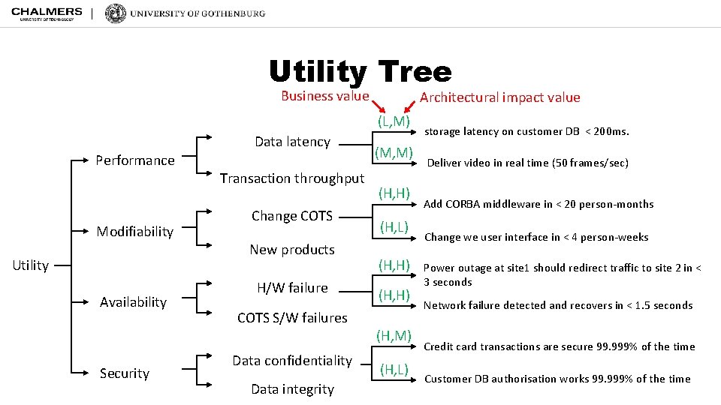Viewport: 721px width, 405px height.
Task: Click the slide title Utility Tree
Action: coord(360,72)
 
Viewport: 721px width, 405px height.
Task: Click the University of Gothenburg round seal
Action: coord(116,13)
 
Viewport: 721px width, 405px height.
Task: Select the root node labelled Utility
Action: coord(31,265)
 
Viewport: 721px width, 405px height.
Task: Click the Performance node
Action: coord(135,160)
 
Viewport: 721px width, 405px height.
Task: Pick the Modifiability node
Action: coord(135,232)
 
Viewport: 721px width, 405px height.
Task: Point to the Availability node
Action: coord(134,302)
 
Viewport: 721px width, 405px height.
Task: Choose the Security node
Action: coord(125,373)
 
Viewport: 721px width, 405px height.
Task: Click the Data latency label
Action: coord(292,142)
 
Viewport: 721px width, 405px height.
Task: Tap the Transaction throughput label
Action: coord(292,178)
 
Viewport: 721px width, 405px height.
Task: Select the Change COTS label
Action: coord(292,216)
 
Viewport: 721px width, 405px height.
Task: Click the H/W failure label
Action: coord(292,288)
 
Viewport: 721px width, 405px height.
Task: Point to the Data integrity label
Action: coord(292,389)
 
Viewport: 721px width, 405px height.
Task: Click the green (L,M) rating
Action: coord(394,121)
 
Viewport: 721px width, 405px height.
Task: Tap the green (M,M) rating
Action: coord(394,153)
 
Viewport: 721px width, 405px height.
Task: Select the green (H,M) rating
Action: coord(394,335)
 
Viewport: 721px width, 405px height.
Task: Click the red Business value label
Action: coord(324,96)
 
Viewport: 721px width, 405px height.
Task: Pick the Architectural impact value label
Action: coord(499,97)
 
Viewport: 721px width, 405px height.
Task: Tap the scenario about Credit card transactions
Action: coord(560,346)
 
